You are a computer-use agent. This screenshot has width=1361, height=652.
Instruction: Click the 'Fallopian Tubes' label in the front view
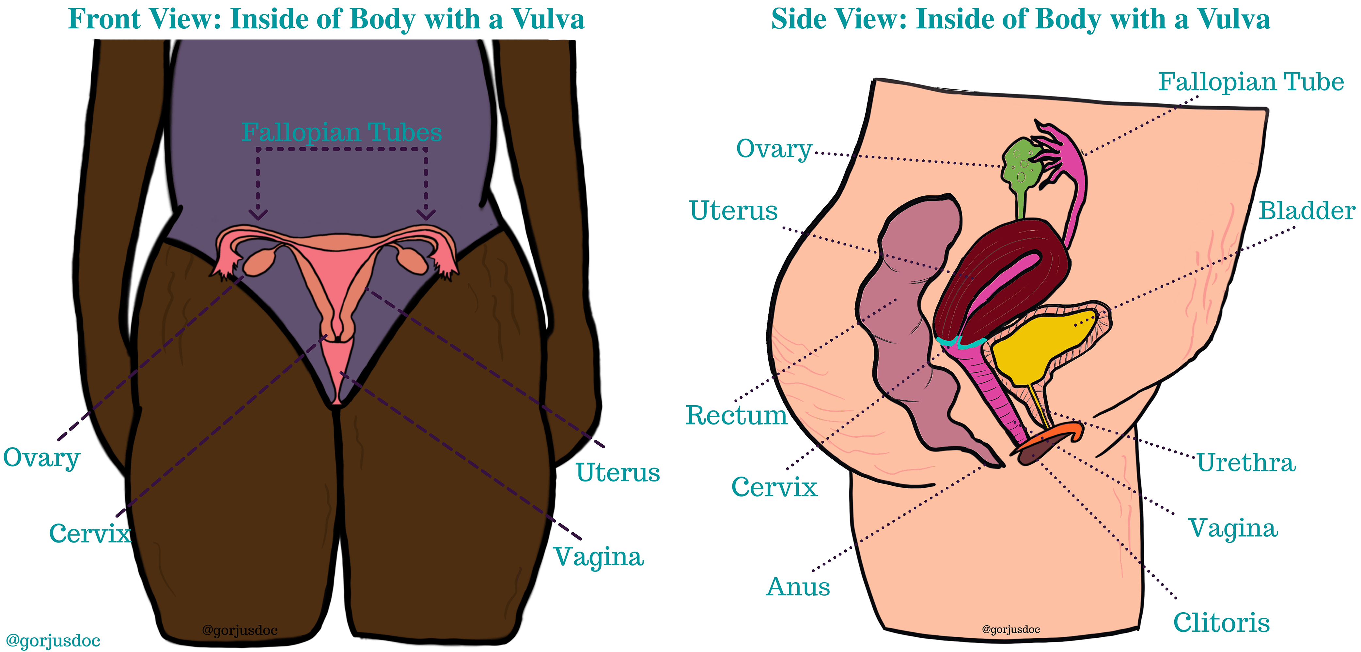(x=341, y=132)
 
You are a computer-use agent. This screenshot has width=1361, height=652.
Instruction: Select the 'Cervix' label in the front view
(x=90, y=533)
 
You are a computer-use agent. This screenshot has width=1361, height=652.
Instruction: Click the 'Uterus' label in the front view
(x=618, y=472)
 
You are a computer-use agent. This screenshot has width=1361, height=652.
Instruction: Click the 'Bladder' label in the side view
(x=1306, y=211)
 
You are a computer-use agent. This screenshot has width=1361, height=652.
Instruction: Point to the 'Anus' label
(x=798, y=586)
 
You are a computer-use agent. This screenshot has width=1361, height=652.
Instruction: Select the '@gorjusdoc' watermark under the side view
(x=1011, y=629)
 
